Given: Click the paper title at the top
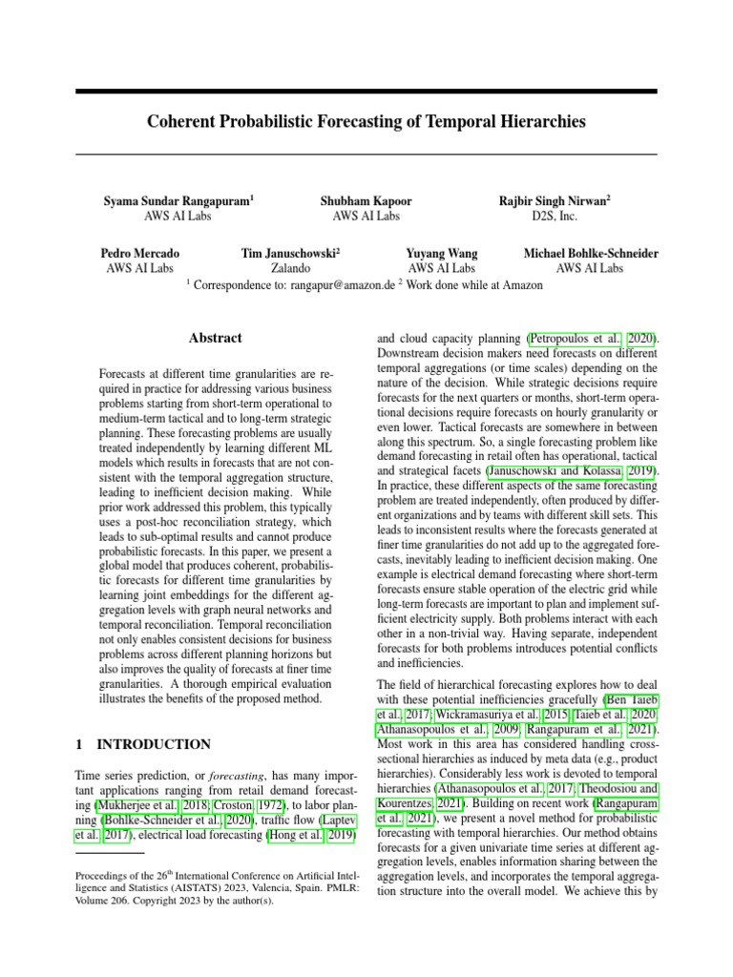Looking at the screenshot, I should point(366,123).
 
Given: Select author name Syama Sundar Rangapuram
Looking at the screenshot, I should point(178,201).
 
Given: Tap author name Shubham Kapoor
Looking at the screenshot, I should point(366,201).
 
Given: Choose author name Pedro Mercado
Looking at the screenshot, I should point(139,254).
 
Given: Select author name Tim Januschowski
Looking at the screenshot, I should point(290,254).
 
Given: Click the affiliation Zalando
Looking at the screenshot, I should point(290,269).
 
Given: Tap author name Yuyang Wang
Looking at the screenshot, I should point(441,254).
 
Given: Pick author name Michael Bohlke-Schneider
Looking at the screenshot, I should point(590,254).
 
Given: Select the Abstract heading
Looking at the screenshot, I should point(216,338).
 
